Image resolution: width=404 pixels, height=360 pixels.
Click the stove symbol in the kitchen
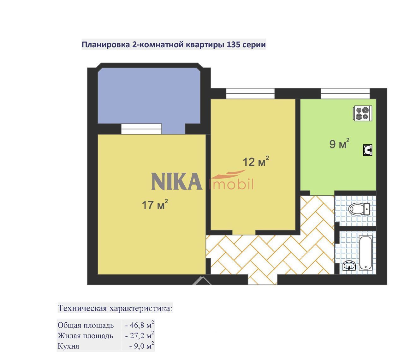point(362,113)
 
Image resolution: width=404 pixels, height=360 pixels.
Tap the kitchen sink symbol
point(367,150)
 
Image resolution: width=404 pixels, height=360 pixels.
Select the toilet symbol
point(359,209)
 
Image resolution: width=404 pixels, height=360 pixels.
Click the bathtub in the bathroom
point(365,253)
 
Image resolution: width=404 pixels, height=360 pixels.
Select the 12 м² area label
point(256,161)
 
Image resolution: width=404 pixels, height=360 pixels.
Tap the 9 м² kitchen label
point(339,143)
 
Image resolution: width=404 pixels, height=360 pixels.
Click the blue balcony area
point(149,96)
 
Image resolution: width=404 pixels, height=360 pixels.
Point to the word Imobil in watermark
point(231,184)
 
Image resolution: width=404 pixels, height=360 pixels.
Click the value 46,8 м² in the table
point(140,325)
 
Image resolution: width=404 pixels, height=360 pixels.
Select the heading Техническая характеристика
point(115,308)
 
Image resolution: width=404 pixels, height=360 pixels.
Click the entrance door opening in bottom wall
point(262,279)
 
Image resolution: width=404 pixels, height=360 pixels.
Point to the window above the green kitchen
point(345,93)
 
